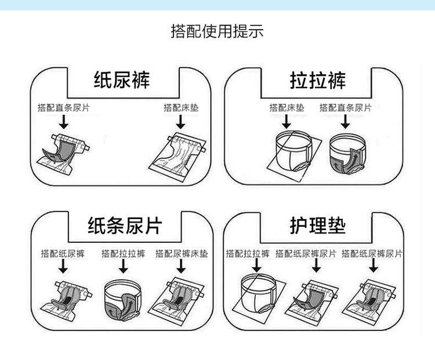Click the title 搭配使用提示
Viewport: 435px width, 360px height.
pyautogui.click(x=217, y=31)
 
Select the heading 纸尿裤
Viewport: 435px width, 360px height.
pyautogui.click(x=122, y=79)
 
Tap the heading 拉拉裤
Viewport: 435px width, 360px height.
pyautogui.click(x=317, y=79)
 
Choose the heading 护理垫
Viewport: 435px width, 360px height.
pyautogui.click(x=317, y=225)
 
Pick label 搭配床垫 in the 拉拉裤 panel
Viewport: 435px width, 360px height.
pyautogui.click(x=287, y=108)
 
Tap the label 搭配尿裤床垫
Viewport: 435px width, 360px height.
pyautogui.click(x=182, y=253)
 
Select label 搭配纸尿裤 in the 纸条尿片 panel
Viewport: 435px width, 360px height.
pyautogui.click(x=63, y=253)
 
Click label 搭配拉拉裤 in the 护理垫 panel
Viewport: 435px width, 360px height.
pyautogui.click(x=248, y=253)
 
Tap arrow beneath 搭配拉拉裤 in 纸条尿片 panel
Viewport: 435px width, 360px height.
pyautogui.click(x=122, y=266)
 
